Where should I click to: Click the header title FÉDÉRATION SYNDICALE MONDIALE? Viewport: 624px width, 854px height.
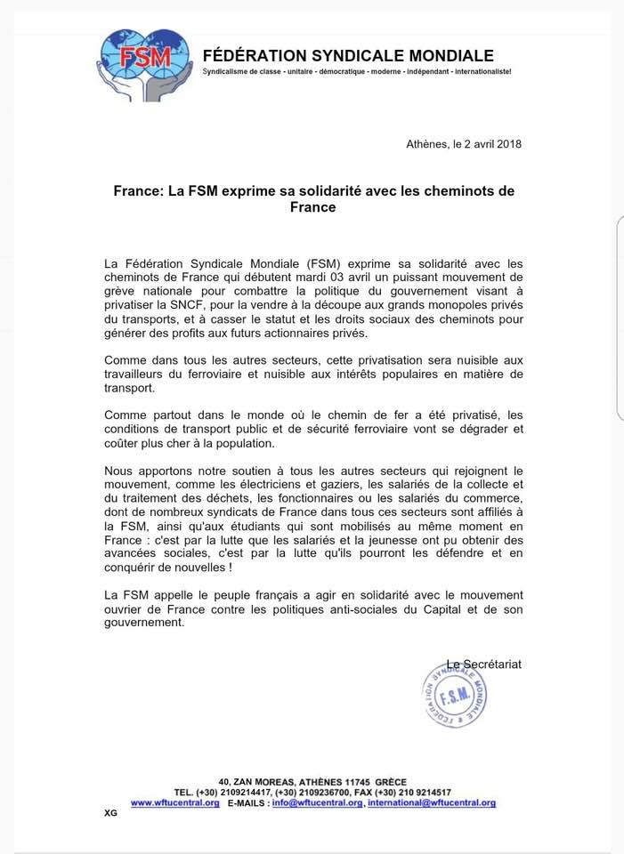(x=361, y=55)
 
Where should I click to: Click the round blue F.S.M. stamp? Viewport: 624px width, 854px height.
(x=454, y=696)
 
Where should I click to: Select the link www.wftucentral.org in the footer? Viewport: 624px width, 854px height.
(x=175, y=802)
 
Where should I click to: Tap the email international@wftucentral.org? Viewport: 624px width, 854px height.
(x=431, y=802)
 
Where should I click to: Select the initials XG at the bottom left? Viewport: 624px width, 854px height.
(x=110, y=813)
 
